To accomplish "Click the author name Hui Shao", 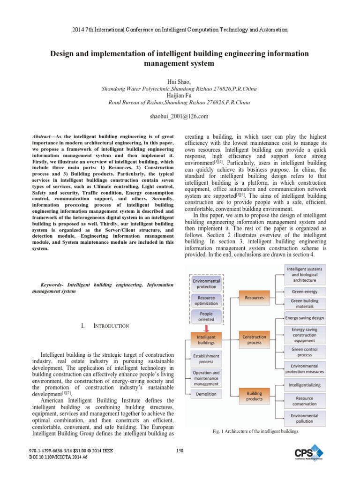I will pyautogui.click(x=180, y=81).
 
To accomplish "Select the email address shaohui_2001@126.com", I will pyautogui.click(x=180, y=116).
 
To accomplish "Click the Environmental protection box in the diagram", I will pyautogui.click(x=207, y=284).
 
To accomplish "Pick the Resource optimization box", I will pyautogui.click(x=207, y=300).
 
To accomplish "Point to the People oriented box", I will pyautogui.click(x=207, y=316).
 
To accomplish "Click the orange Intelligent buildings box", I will pyautogui.click(x=207, y=339).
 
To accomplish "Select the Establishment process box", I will pyautogui.click(x=207, y=359).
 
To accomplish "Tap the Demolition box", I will pyautogui.click(x=207, y=394).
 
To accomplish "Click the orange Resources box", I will pyautogui.click(x=255, y=297).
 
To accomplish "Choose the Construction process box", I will pyautogui.click(x=255, y=339).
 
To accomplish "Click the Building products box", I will pyautogui.click(x=255, y=396).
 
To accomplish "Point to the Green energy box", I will pyautogui.click(x=305, y=291).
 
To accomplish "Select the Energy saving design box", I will pyautogui.click(x=305, y=317).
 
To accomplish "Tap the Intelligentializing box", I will pyautogui.click(x=305, y=385).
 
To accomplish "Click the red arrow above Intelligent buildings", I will pyautogui.click(x=207, y=327).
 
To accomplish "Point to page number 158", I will pyautogui.click(x=180, y=450).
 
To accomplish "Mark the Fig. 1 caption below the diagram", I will pyautogui.click(x=255, y=431).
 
